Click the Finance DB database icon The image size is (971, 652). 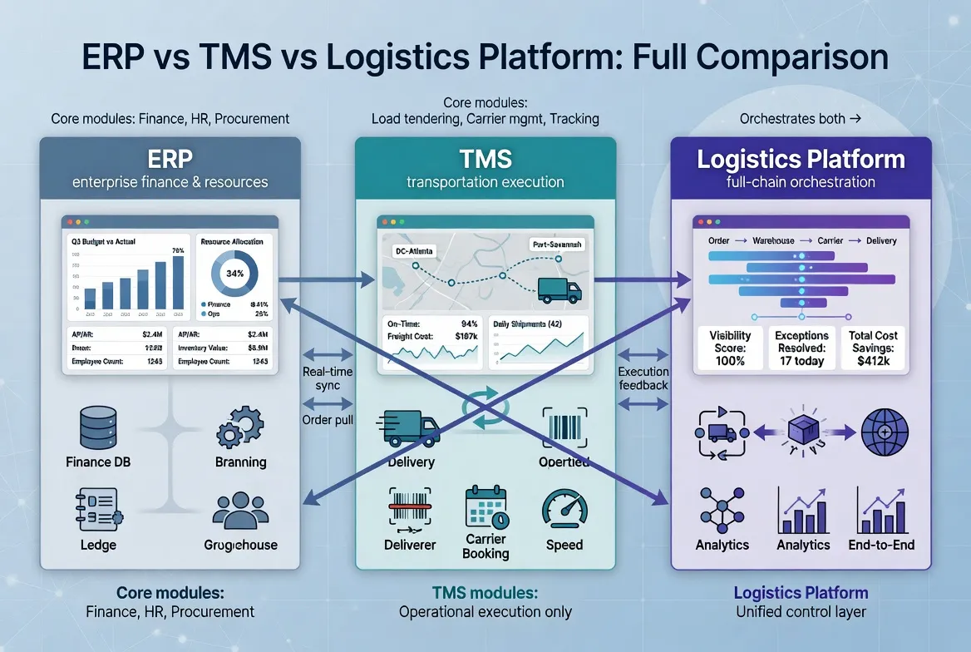pyautogui.click(x=98, y=427)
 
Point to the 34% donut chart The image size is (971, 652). pyautogui.click(x=233, y=274)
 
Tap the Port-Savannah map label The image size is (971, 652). pyautogui.click(x=556, y=245)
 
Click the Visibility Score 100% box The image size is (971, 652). pyautogui.click(x=730, y=348)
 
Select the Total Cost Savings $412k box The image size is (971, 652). pyautogui.click(x=873, y=348)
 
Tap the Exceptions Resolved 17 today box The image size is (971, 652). pyautogui.click(x=801, y=348)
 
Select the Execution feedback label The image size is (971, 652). pyautogui.click(x=643, y=378)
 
